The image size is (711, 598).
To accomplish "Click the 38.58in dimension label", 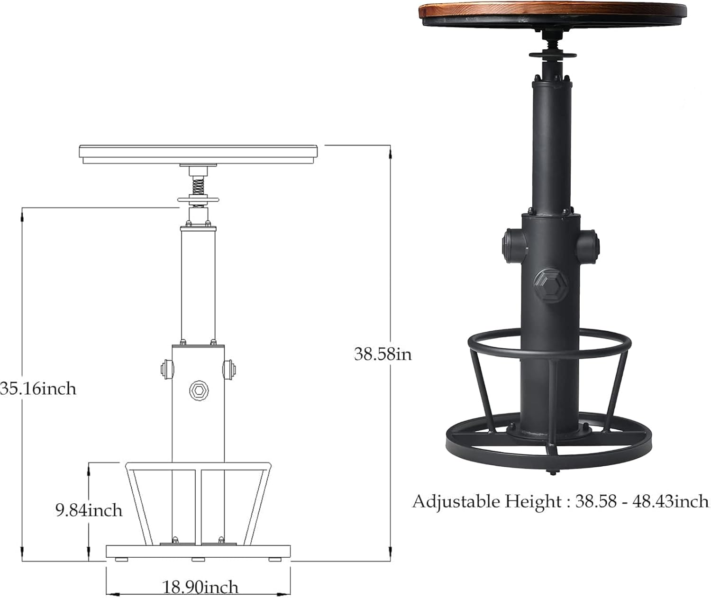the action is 383,354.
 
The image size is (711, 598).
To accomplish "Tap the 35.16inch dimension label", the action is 38,389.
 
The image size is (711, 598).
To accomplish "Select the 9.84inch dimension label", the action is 89,510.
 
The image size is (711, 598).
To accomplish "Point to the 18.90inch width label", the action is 200,587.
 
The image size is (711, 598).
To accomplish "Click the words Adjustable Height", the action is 487,502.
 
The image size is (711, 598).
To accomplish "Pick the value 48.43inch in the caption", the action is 671,502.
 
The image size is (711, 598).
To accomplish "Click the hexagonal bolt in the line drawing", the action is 199,390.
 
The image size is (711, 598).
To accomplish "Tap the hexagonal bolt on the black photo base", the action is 551,286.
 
